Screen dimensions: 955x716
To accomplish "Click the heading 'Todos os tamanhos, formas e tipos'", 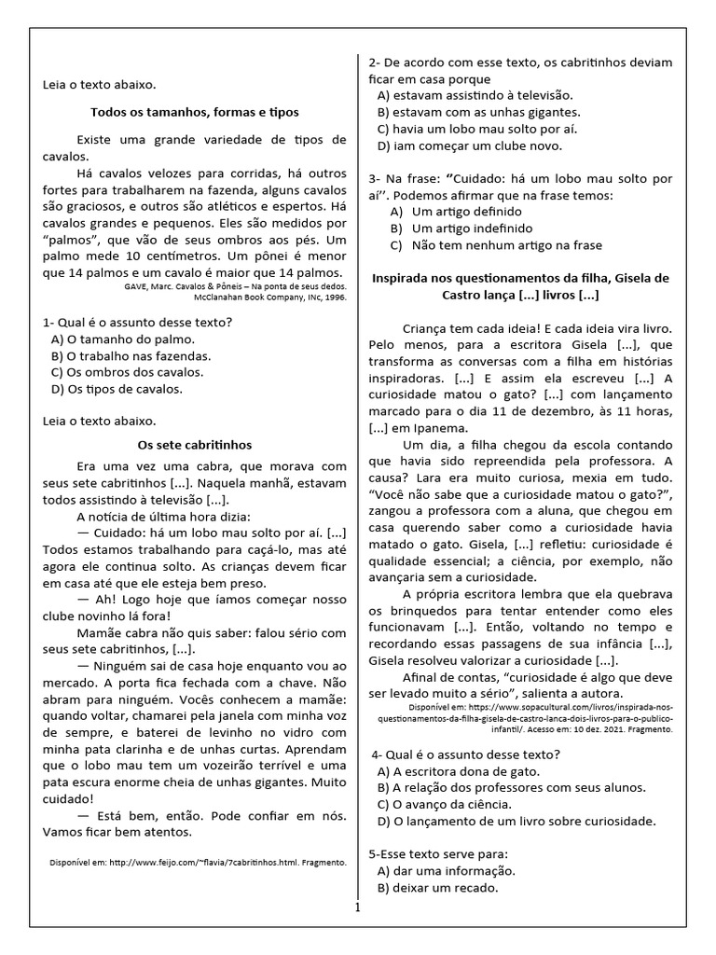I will click(x=194, y=112).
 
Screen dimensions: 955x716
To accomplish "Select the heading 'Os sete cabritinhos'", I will click(x=194, y=445).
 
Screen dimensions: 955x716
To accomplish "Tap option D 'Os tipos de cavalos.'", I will click(x=117, y=389).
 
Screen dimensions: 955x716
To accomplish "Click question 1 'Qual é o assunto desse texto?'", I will click(x=137, y=322).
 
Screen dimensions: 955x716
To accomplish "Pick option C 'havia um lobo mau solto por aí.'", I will click(x=476, y=129).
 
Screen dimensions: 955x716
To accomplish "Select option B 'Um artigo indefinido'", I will click(x=461, y=228).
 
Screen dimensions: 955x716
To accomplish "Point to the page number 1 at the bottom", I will click(x=357, y=907).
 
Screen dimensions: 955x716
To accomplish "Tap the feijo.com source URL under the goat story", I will click(x=198, y=864).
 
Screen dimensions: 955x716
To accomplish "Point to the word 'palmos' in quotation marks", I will click(x=68, y=240).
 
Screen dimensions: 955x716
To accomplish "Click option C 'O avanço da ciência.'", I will click(x=457, y=804).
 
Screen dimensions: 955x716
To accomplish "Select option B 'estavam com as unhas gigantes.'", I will click(x=477, y=112).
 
